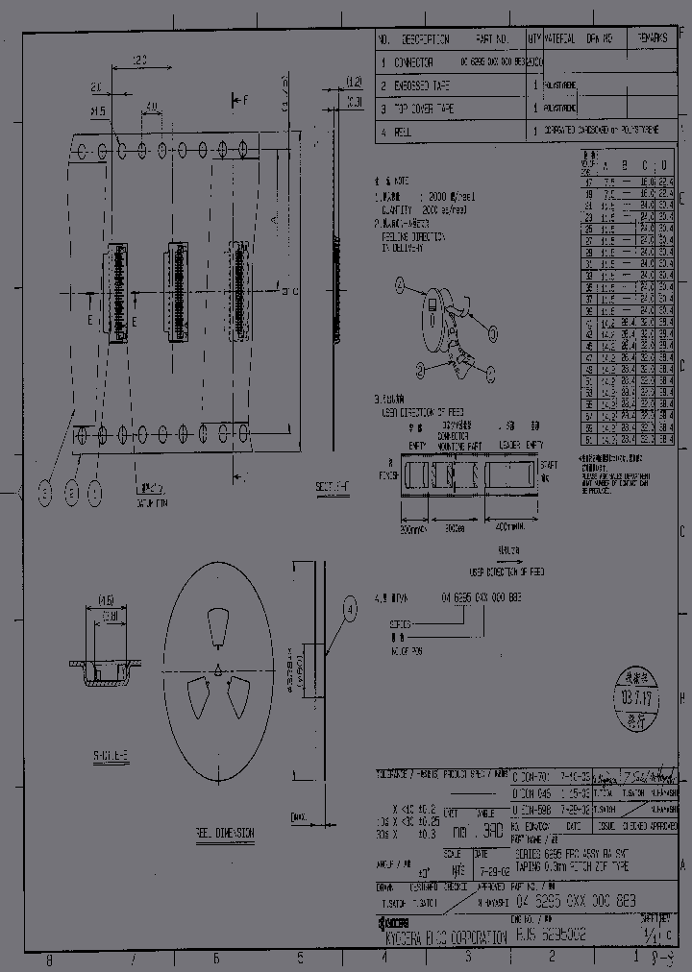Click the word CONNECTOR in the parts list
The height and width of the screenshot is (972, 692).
coord(414,62)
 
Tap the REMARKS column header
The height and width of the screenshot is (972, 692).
coord(656,39)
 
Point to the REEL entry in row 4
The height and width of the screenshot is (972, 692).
coord(402,132)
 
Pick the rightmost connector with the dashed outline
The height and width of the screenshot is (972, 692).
coord(235,291)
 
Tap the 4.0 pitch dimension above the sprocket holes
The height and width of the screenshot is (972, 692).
coord(151,106)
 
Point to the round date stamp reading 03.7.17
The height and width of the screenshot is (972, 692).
coord(626,689)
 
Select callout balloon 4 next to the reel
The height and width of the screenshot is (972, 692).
coord(350,608)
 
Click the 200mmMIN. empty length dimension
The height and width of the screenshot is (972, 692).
coord(414,528)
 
